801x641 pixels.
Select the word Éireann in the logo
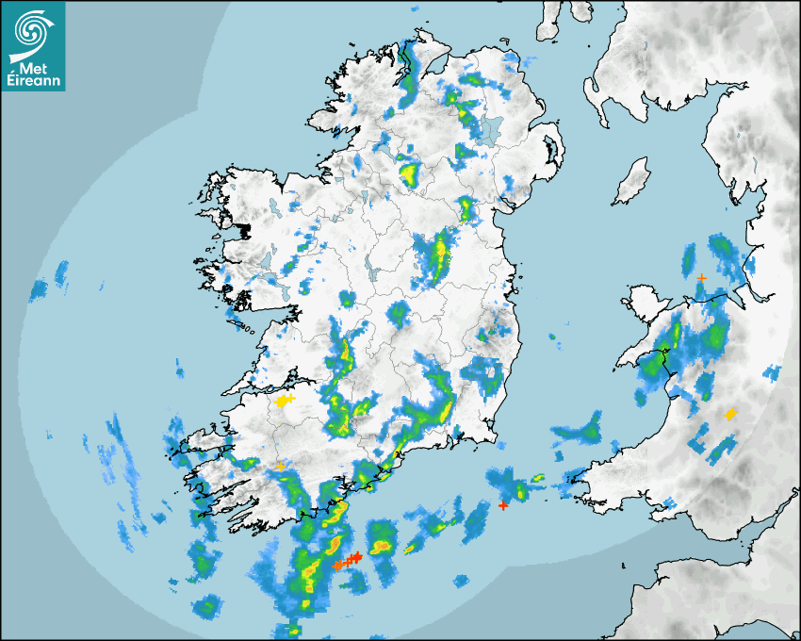pyautogui.click(x=34, y=81)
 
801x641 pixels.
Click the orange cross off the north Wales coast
pyautogui.click(x=701, y=277)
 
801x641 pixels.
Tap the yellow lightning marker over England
pyautogui.click(x=730, y=414)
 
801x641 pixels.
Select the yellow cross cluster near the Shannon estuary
pyautogui.click(x=283, y=401)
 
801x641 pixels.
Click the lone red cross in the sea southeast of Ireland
pyautogui.click(x=503, y=506)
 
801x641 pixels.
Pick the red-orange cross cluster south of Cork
pyautogui.click(x=347, y=562)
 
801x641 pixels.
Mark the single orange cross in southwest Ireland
pyautogui.click(x=281, y=466)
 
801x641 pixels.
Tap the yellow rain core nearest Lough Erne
pyautogui.click(x=409, y=173)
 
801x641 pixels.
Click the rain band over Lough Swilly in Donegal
pyautogui.click(x=410, y=71)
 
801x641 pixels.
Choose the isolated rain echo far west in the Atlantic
pyautogui.click(x=61, y=273)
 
